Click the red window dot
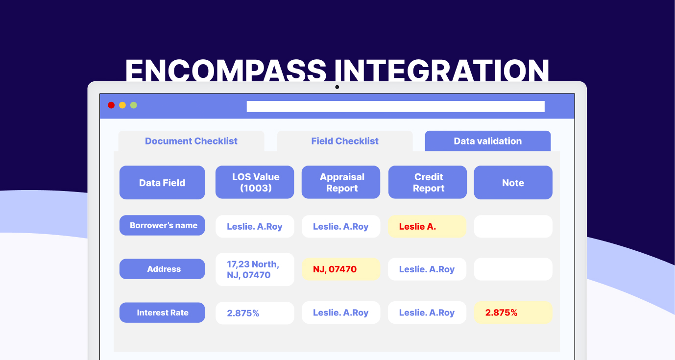(111, 105)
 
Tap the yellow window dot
(122, 105)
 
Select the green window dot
(134, 105)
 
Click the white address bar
(395, 106)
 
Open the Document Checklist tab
(192, 141)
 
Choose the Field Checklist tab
(345, 141)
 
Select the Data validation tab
(487, 141)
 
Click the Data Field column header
(162, 183)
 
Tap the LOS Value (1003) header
(255, 182)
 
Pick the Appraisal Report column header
(341, 182)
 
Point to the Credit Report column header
(427, 182)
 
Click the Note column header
(513, 183)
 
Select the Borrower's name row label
(162, 225)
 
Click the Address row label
(162, 269)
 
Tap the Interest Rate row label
(162, 312)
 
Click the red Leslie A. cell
(427, 226)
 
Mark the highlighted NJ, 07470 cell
(341, 269)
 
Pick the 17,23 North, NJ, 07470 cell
(255, 269)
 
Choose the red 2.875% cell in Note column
(513, 312)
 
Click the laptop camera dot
(337, 87)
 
